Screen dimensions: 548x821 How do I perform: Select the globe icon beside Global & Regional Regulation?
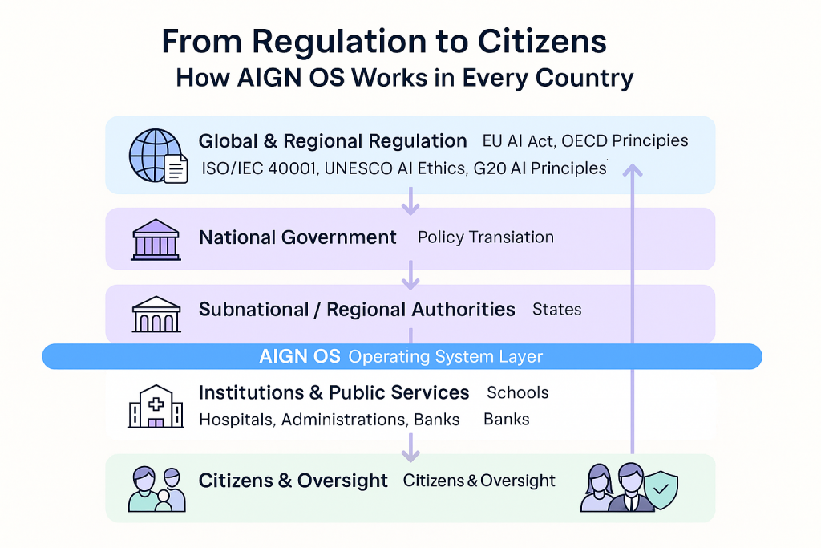coord(154,154)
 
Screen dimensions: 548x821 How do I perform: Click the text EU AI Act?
coord(517,141)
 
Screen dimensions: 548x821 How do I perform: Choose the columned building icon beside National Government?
coord(156,239)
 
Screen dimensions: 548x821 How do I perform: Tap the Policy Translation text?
coord(485,237)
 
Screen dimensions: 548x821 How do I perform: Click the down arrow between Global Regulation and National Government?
coord(410,202)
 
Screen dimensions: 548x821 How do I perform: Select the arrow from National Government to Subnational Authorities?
coord(410,277)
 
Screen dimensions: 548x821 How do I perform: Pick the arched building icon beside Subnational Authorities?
coord(156,314)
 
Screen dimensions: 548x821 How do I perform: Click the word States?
coord(556,310)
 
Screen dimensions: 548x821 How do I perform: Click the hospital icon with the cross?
coord(156,405)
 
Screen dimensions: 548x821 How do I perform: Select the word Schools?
coord(517,393)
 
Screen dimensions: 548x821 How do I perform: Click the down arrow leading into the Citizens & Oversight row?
coord(410,448)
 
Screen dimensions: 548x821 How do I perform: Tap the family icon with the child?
coord(157,489)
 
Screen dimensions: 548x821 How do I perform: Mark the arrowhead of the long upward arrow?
coord(633,170)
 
